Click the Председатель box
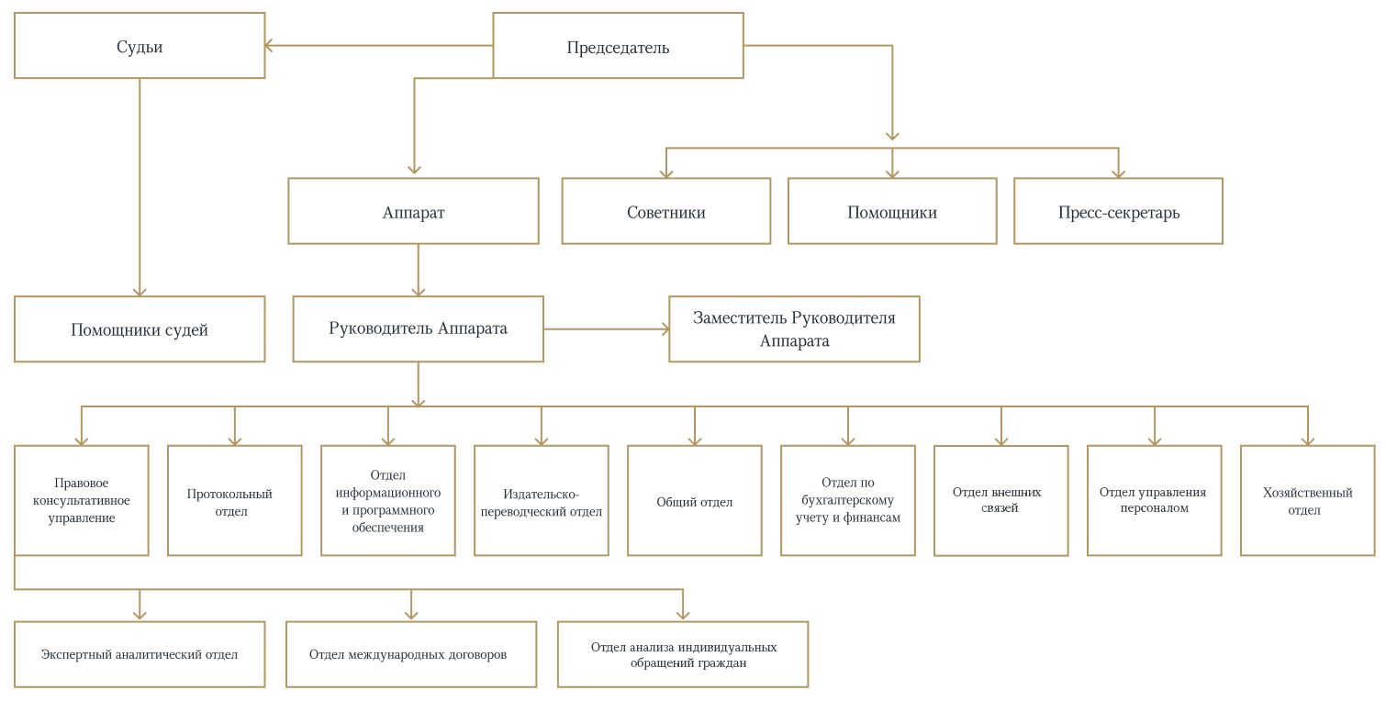tap(618, 46)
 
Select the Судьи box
tap(140, 46)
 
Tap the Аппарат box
tap(413, 211)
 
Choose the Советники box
tap(665, 211)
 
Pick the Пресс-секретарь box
tap(1118, 211)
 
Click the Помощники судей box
tap(140, 328)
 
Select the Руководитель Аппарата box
tap(418, 328)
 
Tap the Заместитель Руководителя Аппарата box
tap(794, 328)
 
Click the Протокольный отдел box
tap(234, 501)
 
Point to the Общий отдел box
tap(694, 501)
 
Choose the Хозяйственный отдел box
tap(1307, 501)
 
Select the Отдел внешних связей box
tap(1000, 501)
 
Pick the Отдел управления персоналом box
tap(1154, 501)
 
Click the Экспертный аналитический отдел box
tap(140, 654)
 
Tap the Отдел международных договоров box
tap(410, 654)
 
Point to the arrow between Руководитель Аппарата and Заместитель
tap(606, 328)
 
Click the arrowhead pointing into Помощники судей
tap(140, 291)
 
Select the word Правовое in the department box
tap(82, 484)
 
